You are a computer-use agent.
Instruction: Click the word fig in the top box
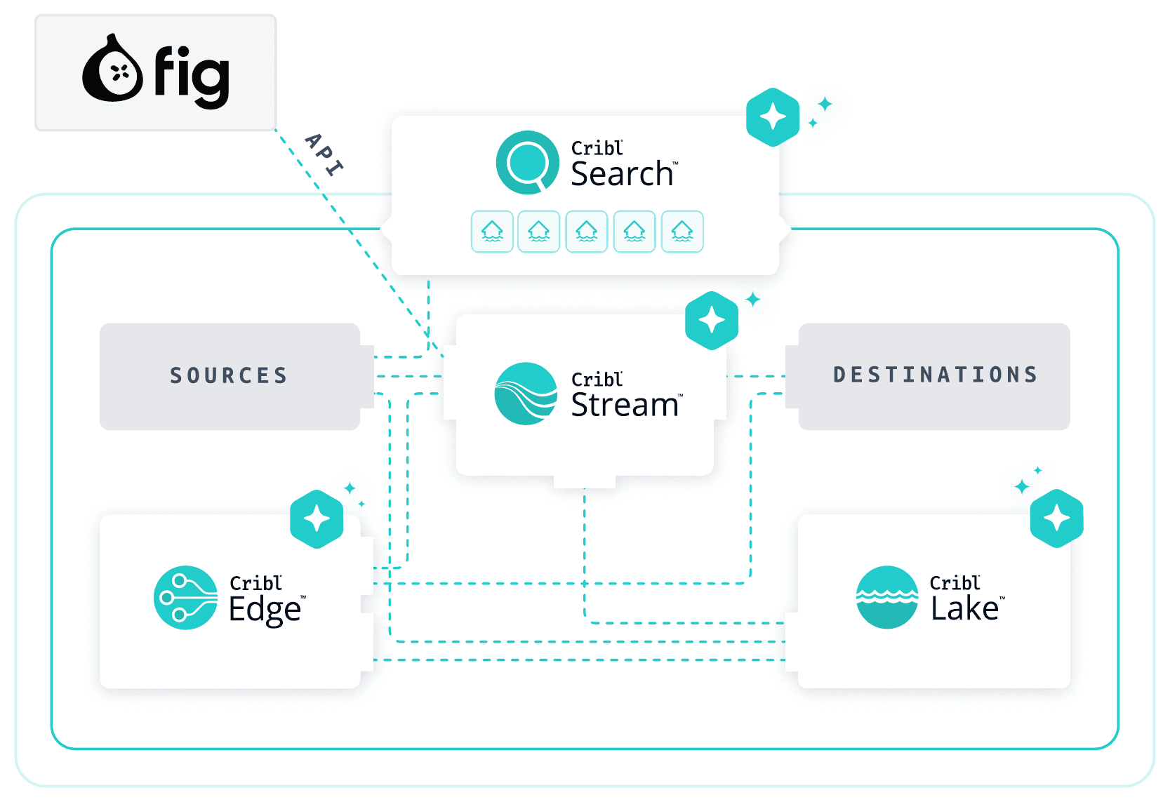coord(192,76)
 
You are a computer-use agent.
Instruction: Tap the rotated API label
coord(324,154)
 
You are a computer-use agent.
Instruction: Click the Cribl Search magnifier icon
coord(527,162)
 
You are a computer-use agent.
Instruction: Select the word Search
coord(622,174)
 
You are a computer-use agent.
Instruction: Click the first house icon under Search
coord(492,232)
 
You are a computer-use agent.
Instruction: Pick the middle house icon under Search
coord(587,232)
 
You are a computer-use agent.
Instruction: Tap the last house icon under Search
coord(682,232)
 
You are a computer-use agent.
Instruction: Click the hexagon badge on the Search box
coord(773,117)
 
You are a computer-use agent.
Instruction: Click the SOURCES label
coord(229,375)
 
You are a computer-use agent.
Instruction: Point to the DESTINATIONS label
coord(935,375)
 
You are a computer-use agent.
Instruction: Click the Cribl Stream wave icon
coord(526,394)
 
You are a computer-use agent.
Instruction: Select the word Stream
coord(624,405)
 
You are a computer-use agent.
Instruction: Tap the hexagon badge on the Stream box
coord(712,320)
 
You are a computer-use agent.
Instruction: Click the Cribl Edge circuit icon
coord(185,597)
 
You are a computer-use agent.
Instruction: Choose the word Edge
coord(265,610)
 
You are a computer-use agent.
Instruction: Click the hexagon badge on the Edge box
coord(317,519)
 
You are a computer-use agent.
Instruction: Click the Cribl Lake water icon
coord(887,597)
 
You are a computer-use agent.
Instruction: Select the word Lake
coord(965,608)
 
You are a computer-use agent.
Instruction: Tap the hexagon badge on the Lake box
coord(1057,519)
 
